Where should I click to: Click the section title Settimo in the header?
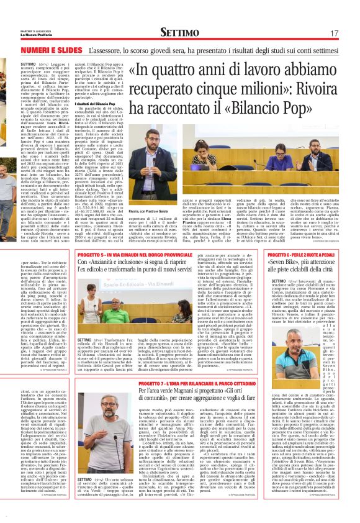click(180, 32)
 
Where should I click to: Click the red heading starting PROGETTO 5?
click(135, 255)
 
